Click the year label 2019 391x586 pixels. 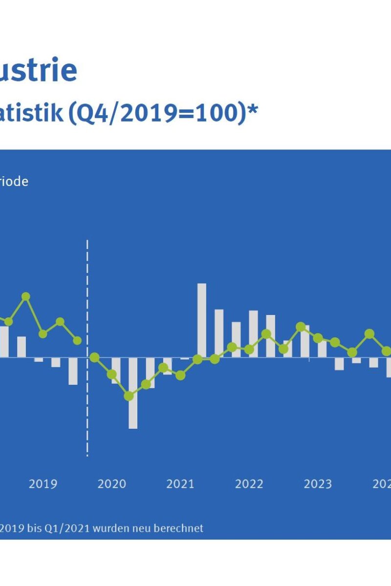(x=43, y=484)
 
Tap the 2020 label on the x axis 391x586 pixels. (x=112, y=484)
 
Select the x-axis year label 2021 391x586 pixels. (x=180, y=484)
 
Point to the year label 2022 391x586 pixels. (x=249, y=484)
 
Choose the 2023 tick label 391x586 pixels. (x=318, y=484)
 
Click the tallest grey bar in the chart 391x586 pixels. (x=202, y=320)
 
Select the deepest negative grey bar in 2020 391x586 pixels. (x=133, y=393)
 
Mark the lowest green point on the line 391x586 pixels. (x=129, y=396)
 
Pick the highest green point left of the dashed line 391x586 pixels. (x=26, y=296)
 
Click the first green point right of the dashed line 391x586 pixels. (x=95, y=357)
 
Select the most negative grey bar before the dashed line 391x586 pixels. (x=73, y=371)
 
